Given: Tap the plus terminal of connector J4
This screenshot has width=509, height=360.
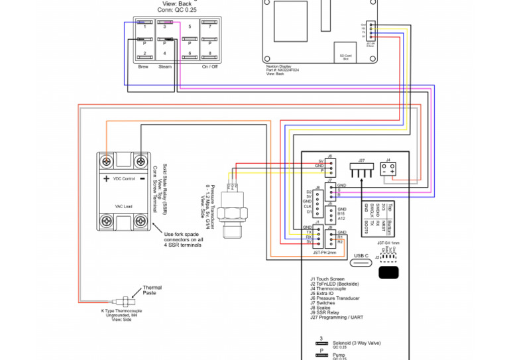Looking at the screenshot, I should (x=393, y=171).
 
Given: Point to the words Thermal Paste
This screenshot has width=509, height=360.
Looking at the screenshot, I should (x=152, y=290).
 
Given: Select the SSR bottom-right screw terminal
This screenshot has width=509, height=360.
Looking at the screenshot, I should (x=141, y=221).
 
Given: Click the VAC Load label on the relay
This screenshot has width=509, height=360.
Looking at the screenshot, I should (x=123, y=206).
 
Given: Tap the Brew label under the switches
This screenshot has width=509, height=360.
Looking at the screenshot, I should (x=143, y=66).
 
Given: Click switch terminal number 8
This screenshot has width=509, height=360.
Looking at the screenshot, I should (x=210, y=53).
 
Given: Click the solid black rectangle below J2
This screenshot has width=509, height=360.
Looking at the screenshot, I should (x=389, y=272).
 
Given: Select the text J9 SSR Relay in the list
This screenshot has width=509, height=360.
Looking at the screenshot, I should (x=329, y=312).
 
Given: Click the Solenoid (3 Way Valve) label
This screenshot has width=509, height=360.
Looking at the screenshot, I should (x=349, y=343).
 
